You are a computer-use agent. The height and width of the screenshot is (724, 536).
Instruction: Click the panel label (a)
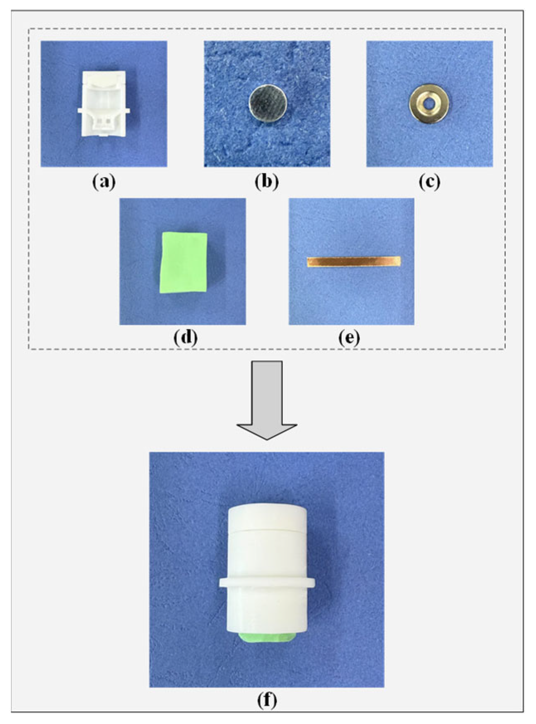pyautogui.click(x=104, y=182)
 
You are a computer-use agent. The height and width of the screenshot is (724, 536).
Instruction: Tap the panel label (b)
pyautogui.click(x=266, y=182)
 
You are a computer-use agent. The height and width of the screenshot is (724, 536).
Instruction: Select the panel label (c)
pyautogui.click(x=429, y=182)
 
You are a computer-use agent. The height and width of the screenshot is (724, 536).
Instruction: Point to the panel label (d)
pyautogui.click(x=185, y=338)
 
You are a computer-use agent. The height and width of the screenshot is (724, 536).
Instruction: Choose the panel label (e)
pyautogui.click(x=349, y=338)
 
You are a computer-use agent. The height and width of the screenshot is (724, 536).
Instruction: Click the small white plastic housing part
pyautogui.click(x=104, y=103)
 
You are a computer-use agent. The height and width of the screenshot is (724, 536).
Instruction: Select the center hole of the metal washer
pyautogui.click(x=430, y=103)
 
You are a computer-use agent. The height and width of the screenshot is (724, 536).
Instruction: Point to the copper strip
pyautogui.click(x=354, y=262)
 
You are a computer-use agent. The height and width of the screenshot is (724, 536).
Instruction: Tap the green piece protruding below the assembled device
pyautogui.click(x=267, y=637)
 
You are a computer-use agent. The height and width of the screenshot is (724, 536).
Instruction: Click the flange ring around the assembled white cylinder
pyautogui.click(x=267, y=583)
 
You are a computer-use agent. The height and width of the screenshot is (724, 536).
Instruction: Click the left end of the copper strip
pyautogui.click(x=308, y=262)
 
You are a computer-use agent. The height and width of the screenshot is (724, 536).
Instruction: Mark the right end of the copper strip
pyautogui.click(x=400, y=262)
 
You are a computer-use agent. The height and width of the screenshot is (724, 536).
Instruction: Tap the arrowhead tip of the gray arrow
pyautogui.click(x=267, y=440)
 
